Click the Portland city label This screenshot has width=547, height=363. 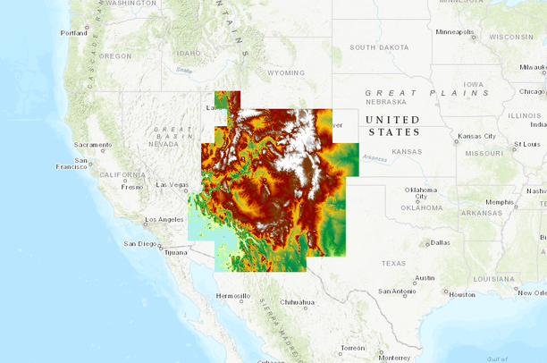[x=73, y=33]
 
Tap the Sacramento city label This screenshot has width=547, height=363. [x=93, y=145]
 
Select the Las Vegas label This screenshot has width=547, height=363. [x=172, y=185]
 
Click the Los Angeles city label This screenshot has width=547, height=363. [x=164, y=219]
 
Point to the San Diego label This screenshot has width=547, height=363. [x=140, y=243]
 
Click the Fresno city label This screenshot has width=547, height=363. [x=132, y=187]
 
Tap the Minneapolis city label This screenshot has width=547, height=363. [x=454, y=32]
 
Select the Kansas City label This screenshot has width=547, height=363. [x=475, y=136]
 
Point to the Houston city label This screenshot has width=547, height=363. [x=462, y=294]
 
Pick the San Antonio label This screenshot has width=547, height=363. [x=397, y=291]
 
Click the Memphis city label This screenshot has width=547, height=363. [x=500, y=202]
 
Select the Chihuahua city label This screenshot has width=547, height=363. [x=299, y=302]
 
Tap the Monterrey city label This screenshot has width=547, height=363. [x=367, y=357]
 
